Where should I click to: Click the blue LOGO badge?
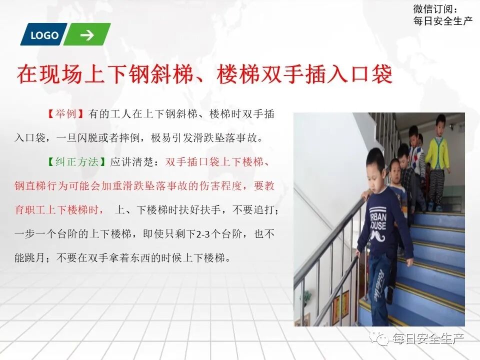44,35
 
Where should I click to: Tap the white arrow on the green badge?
87,35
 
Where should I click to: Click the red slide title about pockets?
204,74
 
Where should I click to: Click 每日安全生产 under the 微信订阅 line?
443,21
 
